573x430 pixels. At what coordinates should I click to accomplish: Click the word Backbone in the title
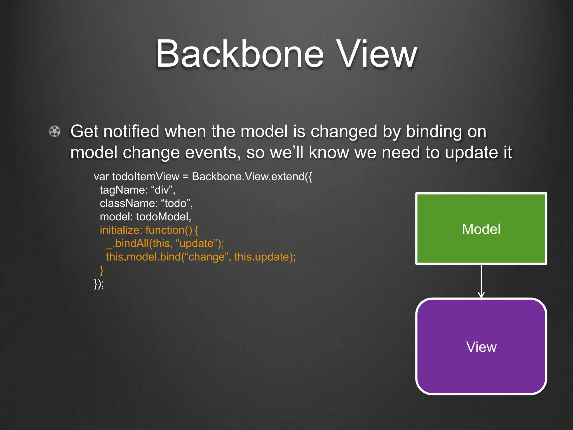(x=239, y=54)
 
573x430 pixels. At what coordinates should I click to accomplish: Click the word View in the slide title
(x=377, y=54)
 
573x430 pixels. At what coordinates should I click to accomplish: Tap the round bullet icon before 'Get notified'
(x=55, y=131)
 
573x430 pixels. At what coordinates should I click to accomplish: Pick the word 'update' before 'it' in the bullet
(x=470, y=153)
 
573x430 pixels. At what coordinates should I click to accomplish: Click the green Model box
(x=481, y=228)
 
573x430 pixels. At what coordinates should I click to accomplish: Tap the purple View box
(x=481, y=347)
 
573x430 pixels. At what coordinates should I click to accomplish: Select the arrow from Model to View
(x=481, y=281)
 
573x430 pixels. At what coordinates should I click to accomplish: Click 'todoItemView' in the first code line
(x=145, y=177)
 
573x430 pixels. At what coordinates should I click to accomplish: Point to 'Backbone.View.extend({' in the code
(x=252, y=177)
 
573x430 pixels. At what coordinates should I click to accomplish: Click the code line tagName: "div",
(x=137, y=190)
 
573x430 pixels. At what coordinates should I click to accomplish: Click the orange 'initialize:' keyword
(x=121, y=230)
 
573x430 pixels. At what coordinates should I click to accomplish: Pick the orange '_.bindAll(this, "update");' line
(x=165, y=244)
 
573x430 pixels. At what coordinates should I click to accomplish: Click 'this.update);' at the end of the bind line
(x=265, y=257)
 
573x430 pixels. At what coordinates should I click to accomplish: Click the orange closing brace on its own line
(x=102, y=270)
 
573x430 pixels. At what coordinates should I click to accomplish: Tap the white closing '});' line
(x=99, y=284)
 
